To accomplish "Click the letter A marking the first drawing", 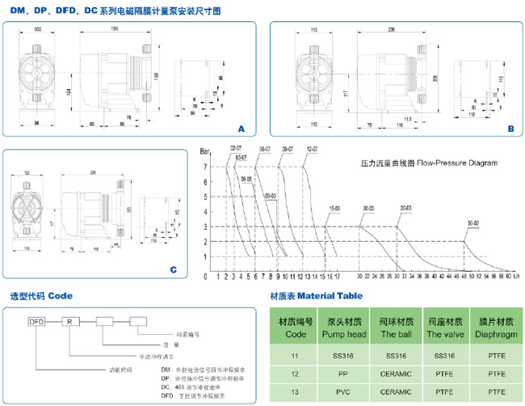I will click(x=240, y=129).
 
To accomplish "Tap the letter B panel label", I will click(x=510, y=128).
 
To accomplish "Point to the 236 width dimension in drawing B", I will click(x=391, y=30).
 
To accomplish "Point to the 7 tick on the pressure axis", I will click(x=205, y=167).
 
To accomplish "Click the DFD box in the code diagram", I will click(x=35, y=321).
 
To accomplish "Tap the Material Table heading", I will click(x=316, y=296).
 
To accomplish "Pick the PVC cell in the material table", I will click(x=342, y=392).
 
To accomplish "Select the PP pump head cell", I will click(x=342, y=374).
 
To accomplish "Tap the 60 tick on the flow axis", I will click(x=508, y=276).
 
